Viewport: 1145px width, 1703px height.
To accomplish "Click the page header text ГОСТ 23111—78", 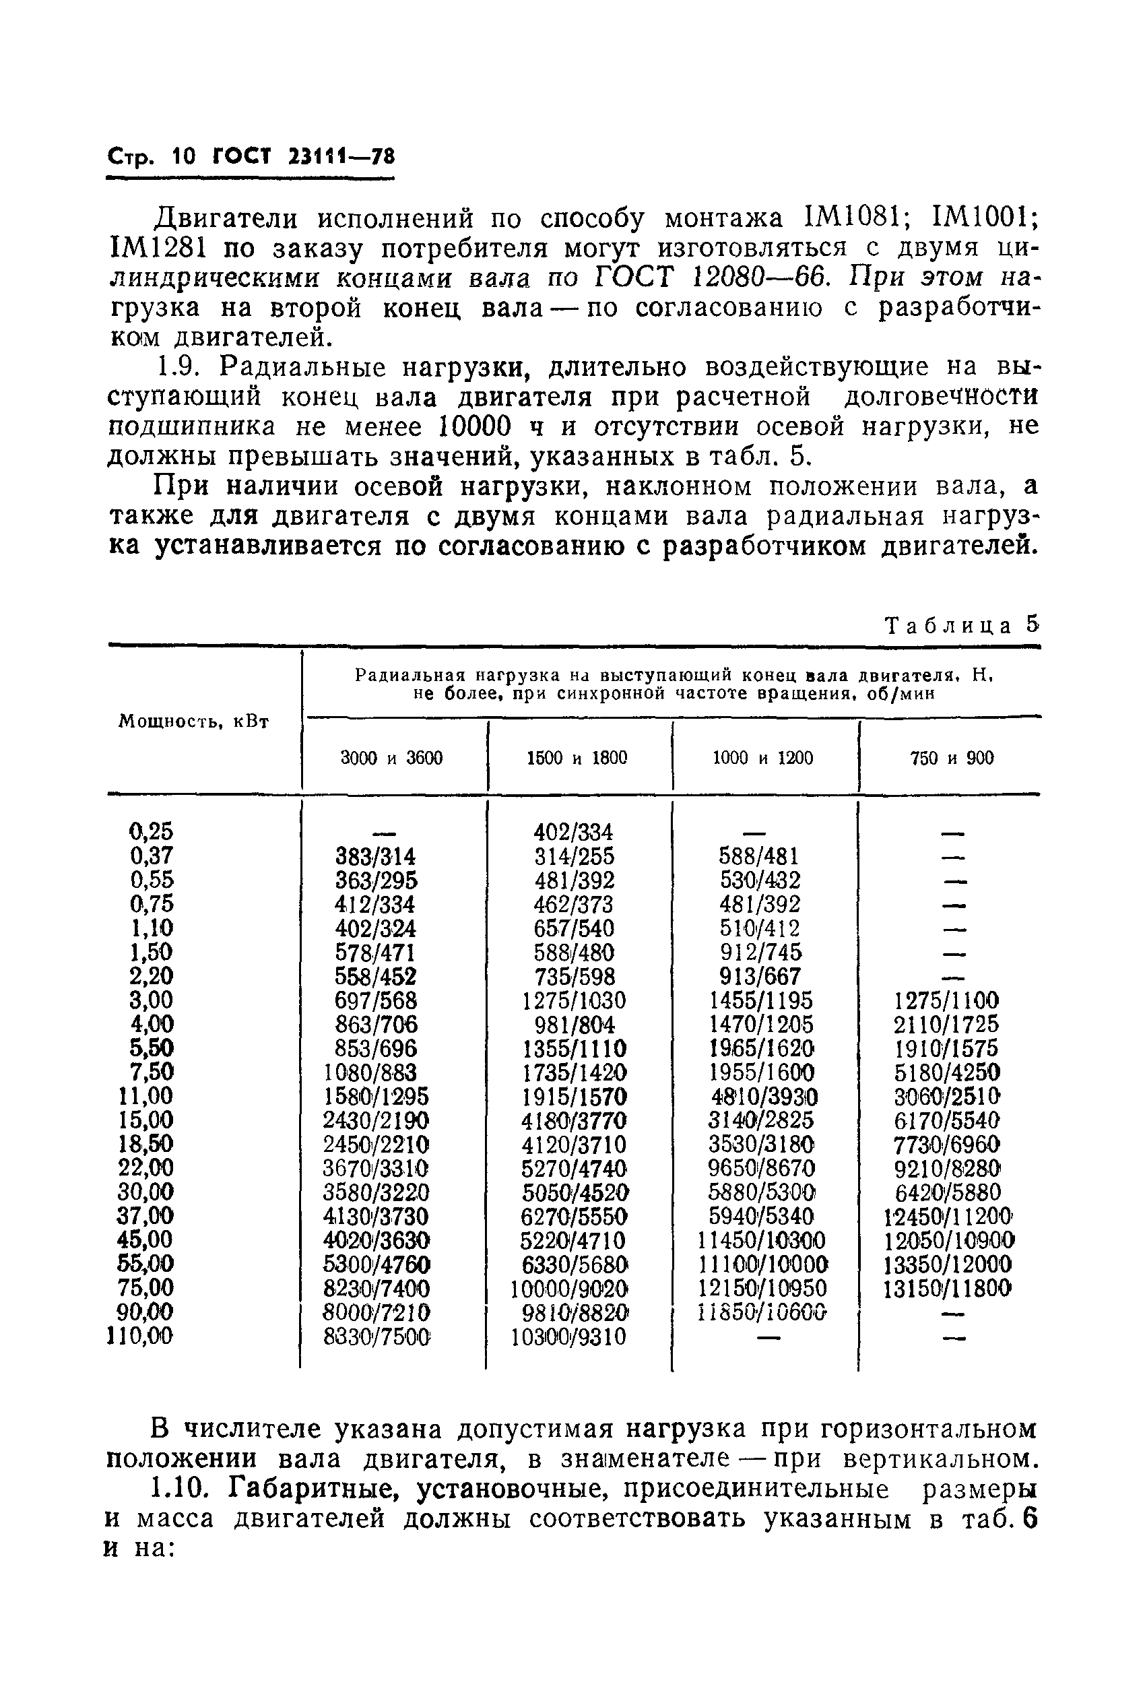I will click(x=303, y=156).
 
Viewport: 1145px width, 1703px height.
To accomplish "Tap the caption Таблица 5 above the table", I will click(x=961, y=625).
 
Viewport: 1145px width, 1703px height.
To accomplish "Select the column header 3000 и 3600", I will click(x=391, y=758).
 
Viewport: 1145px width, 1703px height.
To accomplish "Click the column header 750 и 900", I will click(x=952, y=758).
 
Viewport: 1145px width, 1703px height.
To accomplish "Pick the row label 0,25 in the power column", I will click(x=151, y=831).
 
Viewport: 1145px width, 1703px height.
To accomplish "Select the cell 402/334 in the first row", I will click(x=573, y=832).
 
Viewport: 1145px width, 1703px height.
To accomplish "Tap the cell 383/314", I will click(x=375, y=856).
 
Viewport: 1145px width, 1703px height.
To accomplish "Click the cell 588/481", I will click(x=760, y=856).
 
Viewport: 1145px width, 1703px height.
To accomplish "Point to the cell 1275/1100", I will click(x=946, y=1000).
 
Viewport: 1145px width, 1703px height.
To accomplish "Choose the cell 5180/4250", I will click(x=946, y=1072).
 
